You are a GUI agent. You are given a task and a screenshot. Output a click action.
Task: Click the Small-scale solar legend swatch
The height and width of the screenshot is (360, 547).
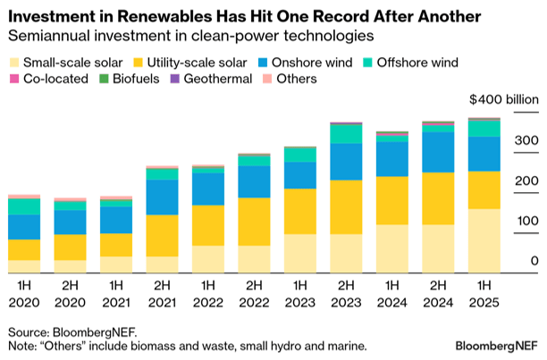pyautogui.click(x=13, y=63)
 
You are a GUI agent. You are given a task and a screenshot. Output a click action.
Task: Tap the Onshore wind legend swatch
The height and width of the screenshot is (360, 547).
pyautogui.click(x=252, y=63)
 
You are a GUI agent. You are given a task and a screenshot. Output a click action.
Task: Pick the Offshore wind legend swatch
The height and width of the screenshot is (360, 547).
pyautogui.click(x=359, y=63)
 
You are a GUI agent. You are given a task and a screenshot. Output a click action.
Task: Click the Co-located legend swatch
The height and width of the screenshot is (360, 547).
pyautogui.click(x=13, y=80)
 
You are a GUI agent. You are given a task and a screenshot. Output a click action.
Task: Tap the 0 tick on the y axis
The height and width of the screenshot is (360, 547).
pyautogui.click(x=534, y=261)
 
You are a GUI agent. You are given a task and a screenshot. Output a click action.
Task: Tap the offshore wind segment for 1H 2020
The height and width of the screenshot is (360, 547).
pyautogui.click(x=24, y=206)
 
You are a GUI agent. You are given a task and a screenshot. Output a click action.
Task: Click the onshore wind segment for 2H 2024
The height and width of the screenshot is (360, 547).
pyautogui.click(x=439, y=152)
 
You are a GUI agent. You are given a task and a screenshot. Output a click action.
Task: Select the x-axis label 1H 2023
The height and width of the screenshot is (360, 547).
pyautogui.click(x=300, y=296)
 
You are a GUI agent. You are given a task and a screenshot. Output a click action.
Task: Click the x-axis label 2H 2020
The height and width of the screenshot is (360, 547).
pyautogui.click(x=71, y=296)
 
